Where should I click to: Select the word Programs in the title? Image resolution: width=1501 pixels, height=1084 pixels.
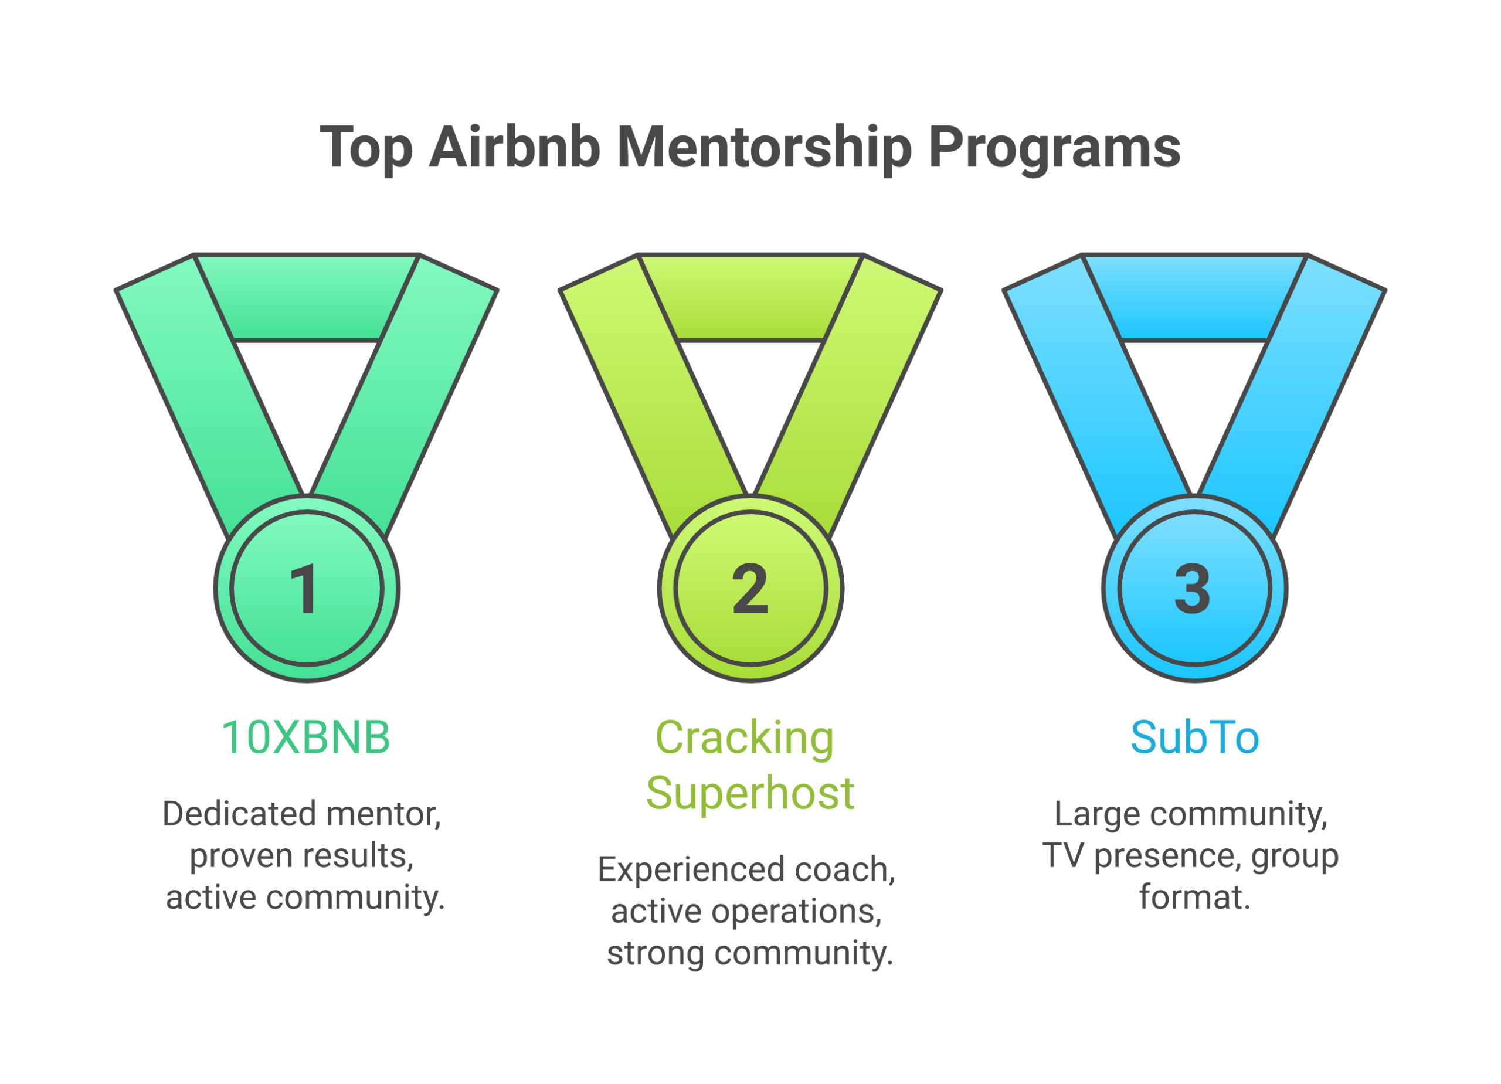click(x=1054, y=147)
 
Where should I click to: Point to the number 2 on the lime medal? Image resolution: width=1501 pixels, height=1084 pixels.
click(x=750, y=589)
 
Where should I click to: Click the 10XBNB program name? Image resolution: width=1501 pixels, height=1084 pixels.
click(x=305, y=738)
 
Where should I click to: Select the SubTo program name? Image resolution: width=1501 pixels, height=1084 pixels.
click(x=1194, y=738)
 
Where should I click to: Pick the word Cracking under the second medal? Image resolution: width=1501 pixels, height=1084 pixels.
click(x=745, y=738)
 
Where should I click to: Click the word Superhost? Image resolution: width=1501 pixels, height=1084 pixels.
click(x=750, y=792)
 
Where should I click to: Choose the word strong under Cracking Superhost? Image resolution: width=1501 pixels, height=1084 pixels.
click(x=655, y=953)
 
